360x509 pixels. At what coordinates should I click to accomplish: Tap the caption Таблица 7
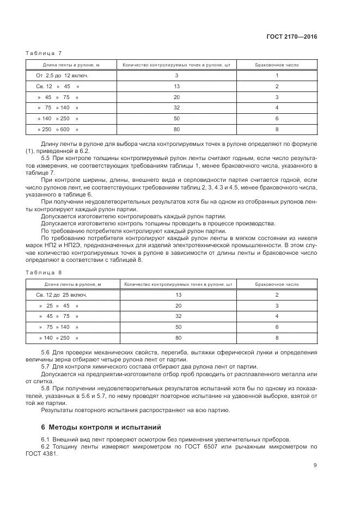(44, 53)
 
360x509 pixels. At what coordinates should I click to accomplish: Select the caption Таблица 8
(44, 272)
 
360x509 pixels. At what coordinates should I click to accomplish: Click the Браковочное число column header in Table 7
(277, 65)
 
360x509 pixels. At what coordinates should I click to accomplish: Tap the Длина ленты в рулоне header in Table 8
(72, 284)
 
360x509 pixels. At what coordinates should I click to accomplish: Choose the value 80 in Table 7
(176, 129)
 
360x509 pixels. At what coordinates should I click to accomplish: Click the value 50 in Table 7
(176, 118)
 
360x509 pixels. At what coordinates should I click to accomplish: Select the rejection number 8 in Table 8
(277, 338)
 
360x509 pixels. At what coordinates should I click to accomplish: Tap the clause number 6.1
(46, 439)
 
